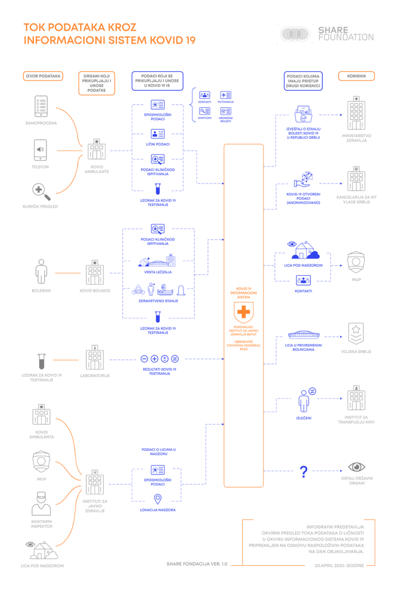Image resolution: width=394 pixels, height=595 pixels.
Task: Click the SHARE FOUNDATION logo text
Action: [345, 33]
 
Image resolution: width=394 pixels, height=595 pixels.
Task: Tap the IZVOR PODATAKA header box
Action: [43, 76]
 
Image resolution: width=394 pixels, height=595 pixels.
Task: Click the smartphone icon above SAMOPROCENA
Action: [41, 107]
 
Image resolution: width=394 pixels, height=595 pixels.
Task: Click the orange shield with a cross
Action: [243, 312]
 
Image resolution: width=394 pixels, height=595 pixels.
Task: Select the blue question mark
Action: [303, 471]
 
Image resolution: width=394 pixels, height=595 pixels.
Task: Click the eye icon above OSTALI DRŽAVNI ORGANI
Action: [356, 467]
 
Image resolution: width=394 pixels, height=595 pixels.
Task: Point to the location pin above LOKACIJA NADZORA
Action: [157, 498]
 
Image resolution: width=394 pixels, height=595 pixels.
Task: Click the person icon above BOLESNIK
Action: [41, 271]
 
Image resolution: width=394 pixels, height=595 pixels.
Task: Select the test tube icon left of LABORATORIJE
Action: [41, 360]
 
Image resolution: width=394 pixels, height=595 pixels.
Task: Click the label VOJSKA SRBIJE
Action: [356, 352]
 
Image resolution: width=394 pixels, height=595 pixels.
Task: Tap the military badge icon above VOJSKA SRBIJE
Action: [356, 334]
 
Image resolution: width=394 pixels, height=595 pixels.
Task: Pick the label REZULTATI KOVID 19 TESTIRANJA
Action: [159, 372]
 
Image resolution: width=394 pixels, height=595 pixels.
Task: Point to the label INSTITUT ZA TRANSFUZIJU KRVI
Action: [356, 419]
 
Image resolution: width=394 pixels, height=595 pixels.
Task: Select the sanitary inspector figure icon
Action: [41, 503]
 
